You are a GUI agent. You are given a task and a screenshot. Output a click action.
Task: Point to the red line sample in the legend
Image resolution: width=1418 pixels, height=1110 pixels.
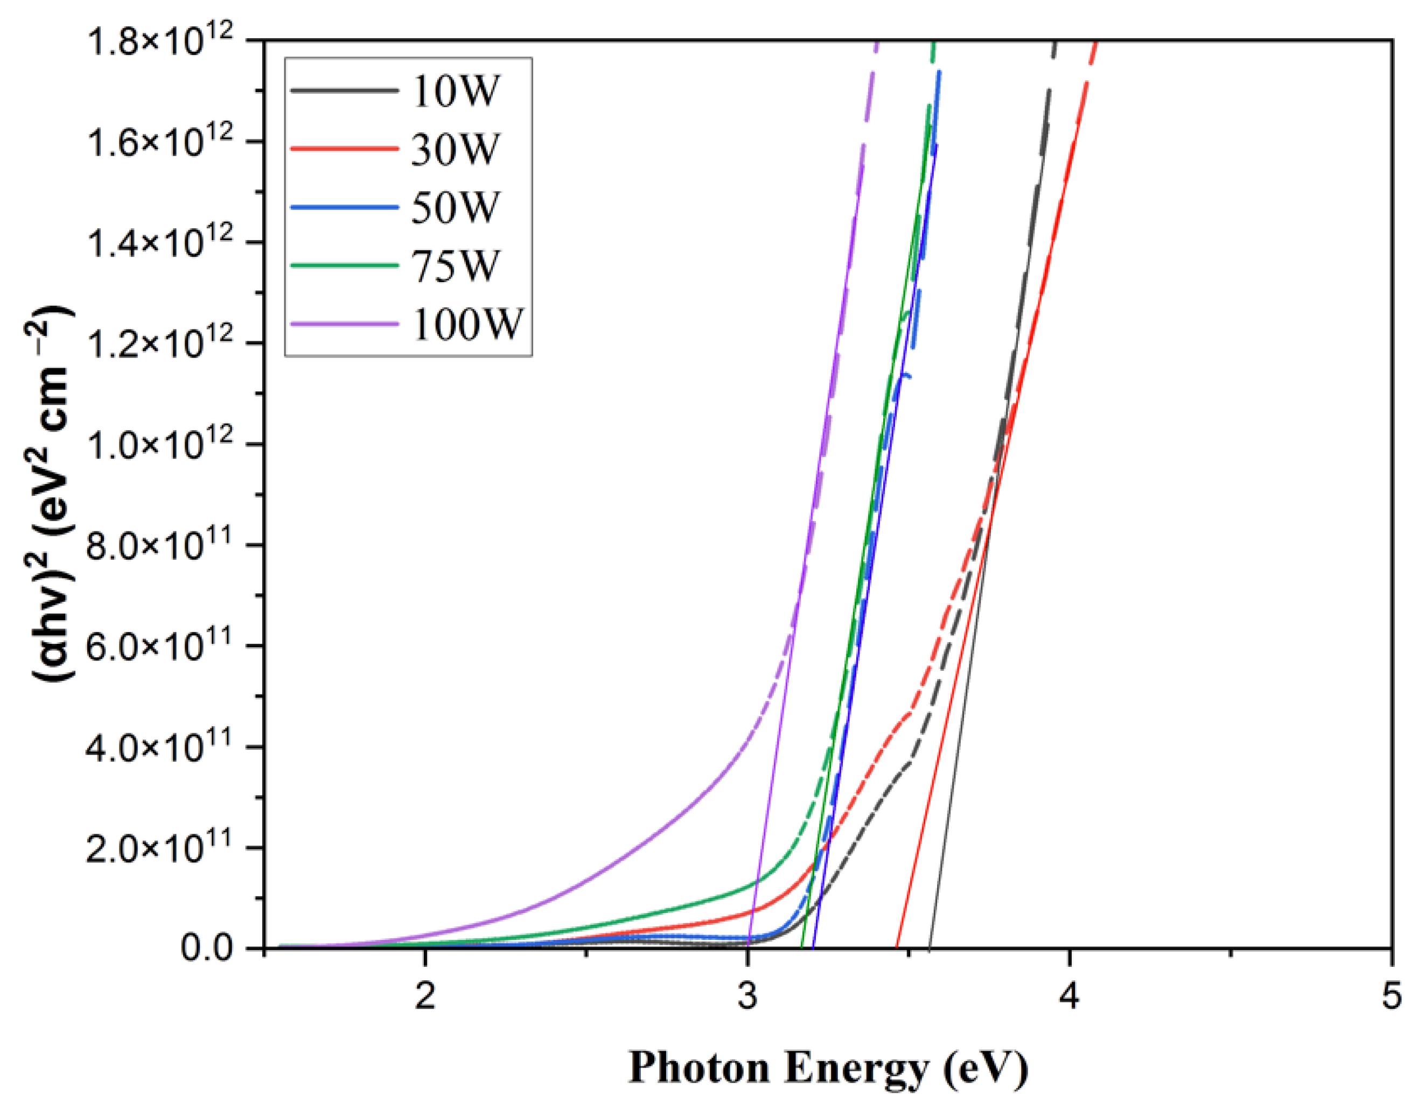pyautogui.click(x=344, y=149)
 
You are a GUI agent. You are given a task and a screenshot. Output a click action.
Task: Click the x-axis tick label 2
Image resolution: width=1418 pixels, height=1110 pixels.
pyautogui.click(x=425, y=997)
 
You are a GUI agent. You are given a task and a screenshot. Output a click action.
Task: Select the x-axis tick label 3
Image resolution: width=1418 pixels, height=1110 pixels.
pyautogui.click(x=748, y=997)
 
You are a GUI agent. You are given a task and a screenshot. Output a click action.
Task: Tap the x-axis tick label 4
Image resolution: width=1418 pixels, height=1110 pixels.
pyautogui.click(x=1070, y=997)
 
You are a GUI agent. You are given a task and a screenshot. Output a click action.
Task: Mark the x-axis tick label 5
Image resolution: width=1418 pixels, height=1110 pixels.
pyautogui.click(x=1392, y=997)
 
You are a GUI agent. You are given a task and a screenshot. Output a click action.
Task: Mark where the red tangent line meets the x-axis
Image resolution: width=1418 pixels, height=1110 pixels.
pyautogui.click(x=897, y=948)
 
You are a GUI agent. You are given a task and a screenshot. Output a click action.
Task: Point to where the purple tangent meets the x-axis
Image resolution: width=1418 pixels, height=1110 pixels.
pyautogui.click(x=749, y=948)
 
